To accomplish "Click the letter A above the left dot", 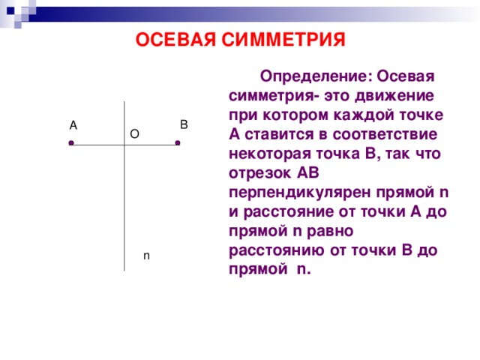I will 73,124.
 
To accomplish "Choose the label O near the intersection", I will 133,133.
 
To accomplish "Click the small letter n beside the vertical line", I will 146,256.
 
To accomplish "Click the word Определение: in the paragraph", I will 315,76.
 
